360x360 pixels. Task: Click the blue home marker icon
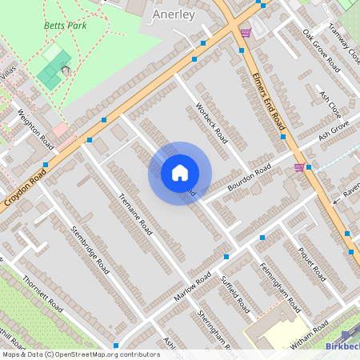[x=180, y=173]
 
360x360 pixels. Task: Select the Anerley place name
[x=174, y=14]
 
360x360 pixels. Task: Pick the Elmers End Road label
[x=269, y=100]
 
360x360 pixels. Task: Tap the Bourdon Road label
[x=249, y=176]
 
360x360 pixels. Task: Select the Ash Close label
[x=331, y=104]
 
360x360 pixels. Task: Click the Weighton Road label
[x=36, y=128]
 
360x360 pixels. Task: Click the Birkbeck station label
[x=344, y=346]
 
